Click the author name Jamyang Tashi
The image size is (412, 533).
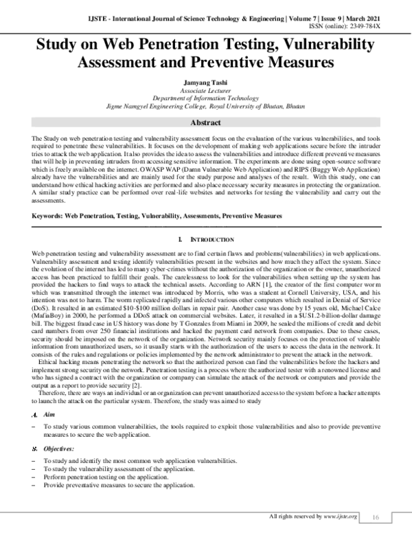pyautogui.click(x=205, y=83)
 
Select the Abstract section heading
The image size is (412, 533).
pyautogui.click(x=205, y=124)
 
